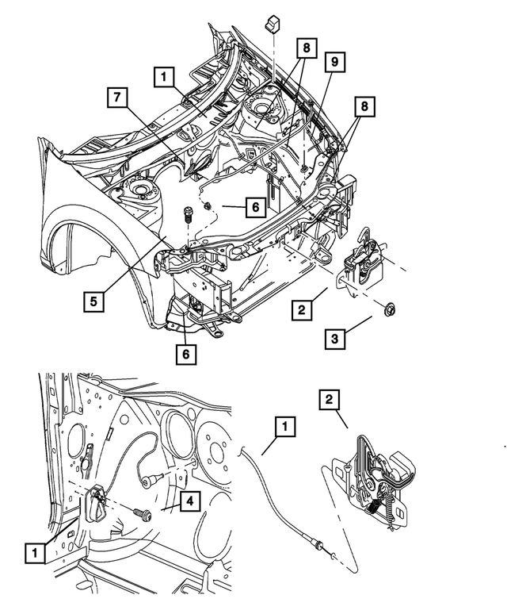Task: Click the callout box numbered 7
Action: pyautogui.click(x=116, y=98)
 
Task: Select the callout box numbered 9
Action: pyautogui.click(x=334, y=61)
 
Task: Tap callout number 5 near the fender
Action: pyautogui.click(x=93, y=301)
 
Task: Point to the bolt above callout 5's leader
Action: pyautogui.click(x=188, y=214)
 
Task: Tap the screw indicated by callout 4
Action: pyautogui.click(x=144, y=513)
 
